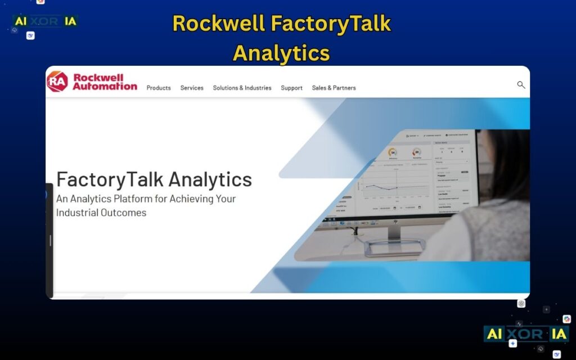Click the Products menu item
pos(159,88)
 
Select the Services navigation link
pos(192,88)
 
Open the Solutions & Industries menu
pos(242,88)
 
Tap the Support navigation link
pos(291,88)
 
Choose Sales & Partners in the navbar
pos(334,88)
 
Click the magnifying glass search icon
pos(521,85)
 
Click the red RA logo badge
pos(57,82)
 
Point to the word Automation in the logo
pos(105,86)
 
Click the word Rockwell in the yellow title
pos(218,24)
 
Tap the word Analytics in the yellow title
pos(281,53)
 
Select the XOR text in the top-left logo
pos(45,21)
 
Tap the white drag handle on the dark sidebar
pos(50,240)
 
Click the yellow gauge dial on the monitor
pos(393,152)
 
